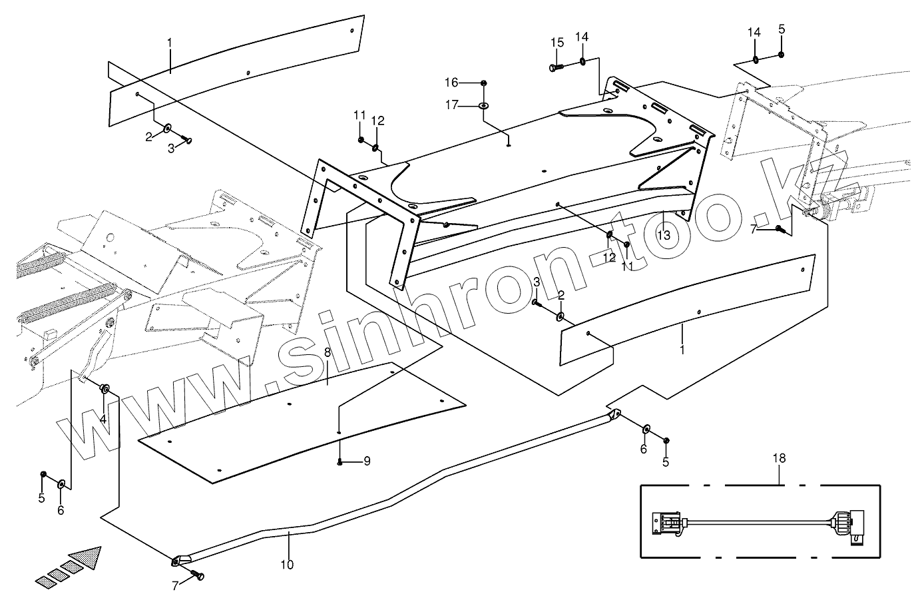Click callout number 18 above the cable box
point(779,458)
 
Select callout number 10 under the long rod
point(286,565)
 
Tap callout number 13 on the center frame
point(663,235)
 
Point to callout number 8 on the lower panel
point(327,352)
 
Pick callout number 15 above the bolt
point(557,43)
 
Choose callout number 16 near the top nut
point(470,82)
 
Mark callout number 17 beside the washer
point(470,105)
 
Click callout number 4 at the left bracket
point(103,420)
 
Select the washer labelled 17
point(484,105)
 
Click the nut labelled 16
point(484,83)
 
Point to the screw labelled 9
point(340,461)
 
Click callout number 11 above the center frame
point(359,115)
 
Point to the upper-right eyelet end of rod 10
point(614,416)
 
